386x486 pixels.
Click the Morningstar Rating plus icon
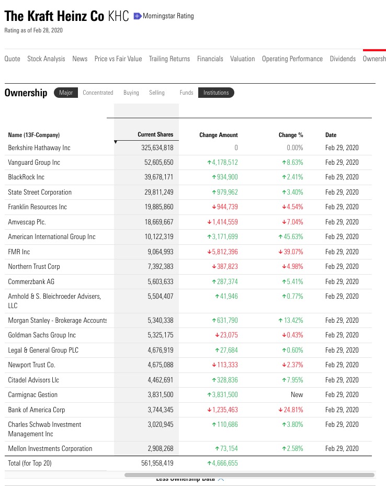138,16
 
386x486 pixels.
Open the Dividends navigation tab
343,59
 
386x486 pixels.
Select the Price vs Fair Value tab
118,59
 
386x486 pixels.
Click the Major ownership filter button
66,93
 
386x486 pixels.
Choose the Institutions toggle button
216,93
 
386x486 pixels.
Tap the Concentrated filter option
98,93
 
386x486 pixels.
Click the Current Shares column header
155,134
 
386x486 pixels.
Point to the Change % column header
291,135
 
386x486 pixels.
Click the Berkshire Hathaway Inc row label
39,148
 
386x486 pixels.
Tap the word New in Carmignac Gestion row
297,395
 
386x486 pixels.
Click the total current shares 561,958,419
157,463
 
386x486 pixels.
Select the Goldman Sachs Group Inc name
42,335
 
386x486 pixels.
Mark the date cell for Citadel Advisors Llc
342,380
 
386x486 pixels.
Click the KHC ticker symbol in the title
118,16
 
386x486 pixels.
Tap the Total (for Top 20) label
30,463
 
